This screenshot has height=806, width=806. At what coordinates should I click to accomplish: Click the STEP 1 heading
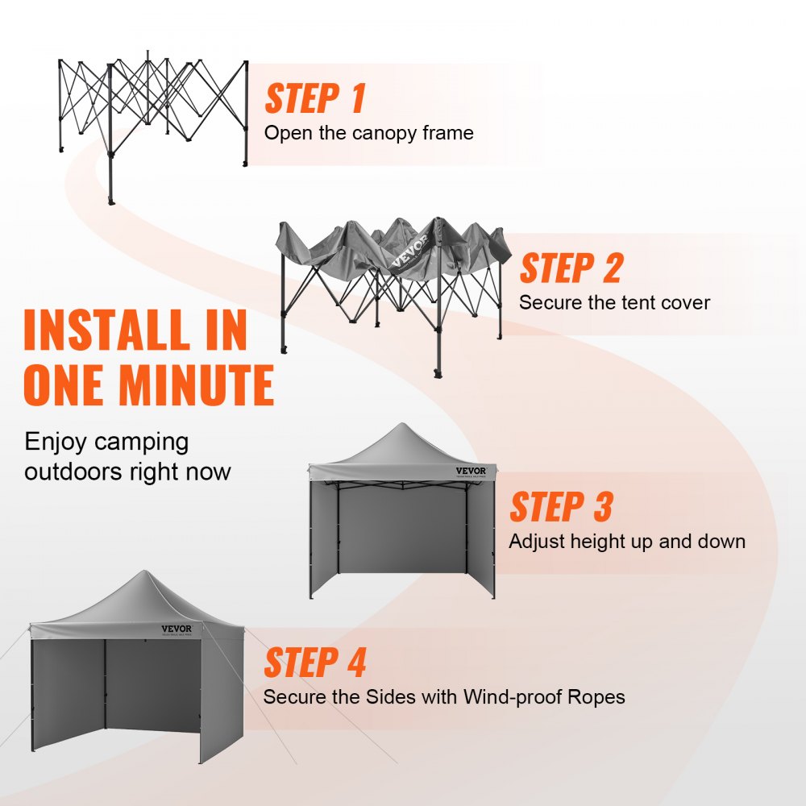[x=315, y=98]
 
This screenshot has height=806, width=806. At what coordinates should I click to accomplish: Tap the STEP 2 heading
[x=571, y=268]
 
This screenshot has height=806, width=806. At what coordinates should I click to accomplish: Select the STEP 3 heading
[x=561, y=508]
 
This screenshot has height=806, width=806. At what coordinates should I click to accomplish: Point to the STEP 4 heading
[x=315, y=663]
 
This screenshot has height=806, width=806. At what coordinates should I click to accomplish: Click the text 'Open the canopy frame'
[x=368, y=133]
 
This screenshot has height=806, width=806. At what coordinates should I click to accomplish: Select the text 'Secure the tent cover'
[x=614, y=303]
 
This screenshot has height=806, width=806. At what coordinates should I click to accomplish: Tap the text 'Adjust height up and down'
[x=626, y=542]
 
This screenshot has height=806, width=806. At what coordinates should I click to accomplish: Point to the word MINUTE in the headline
[x=197, y=385]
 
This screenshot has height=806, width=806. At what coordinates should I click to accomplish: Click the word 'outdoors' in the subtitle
[x=75, y=471]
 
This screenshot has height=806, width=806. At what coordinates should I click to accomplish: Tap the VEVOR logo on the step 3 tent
[x=471, y=472]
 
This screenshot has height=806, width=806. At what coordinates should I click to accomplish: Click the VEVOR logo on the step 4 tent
[x=177, y=629]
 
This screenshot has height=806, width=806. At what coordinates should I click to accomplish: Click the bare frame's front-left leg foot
[x=111, y=199]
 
